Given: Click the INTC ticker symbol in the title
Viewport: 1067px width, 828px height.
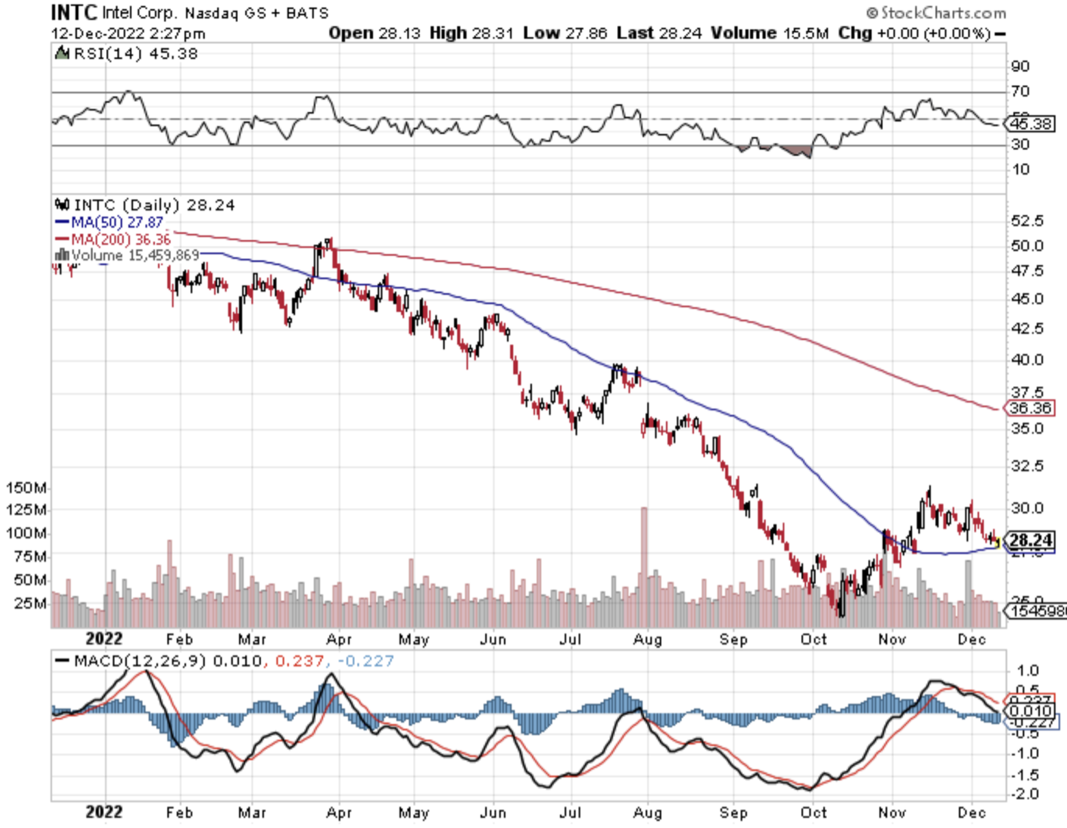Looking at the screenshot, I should point(75,12).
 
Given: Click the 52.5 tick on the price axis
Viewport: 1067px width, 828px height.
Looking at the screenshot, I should point(1027,221).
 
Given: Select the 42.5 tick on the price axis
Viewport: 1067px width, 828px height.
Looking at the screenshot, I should point(1027,328).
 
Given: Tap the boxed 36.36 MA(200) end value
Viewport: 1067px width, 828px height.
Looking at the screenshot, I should point(1031,409).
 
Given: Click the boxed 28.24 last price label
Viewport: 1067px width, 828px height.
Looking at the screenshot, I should point(1031,541).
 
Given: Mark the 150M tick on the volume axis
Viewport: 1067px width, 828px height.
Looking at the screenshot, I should point(27,488).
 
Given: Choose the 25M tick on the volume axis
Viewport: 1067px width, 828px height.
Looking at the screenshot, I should point(31,604).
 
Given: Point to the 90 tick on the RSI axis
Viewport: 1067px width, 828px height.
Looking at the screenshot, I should point(1020,66).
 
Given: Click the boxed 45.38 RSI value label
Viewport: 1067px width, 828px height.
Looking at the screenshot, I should point(1031,124).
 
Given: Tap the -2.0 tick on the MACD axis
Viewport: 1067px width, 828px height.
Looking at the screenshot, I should point(1024,794).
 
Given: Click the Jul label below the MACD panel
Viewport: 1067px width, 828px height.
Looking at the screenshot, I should point(570,812).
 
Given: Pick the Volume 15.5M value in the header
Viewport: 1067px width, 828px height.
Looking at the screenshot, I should point(769,33).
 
